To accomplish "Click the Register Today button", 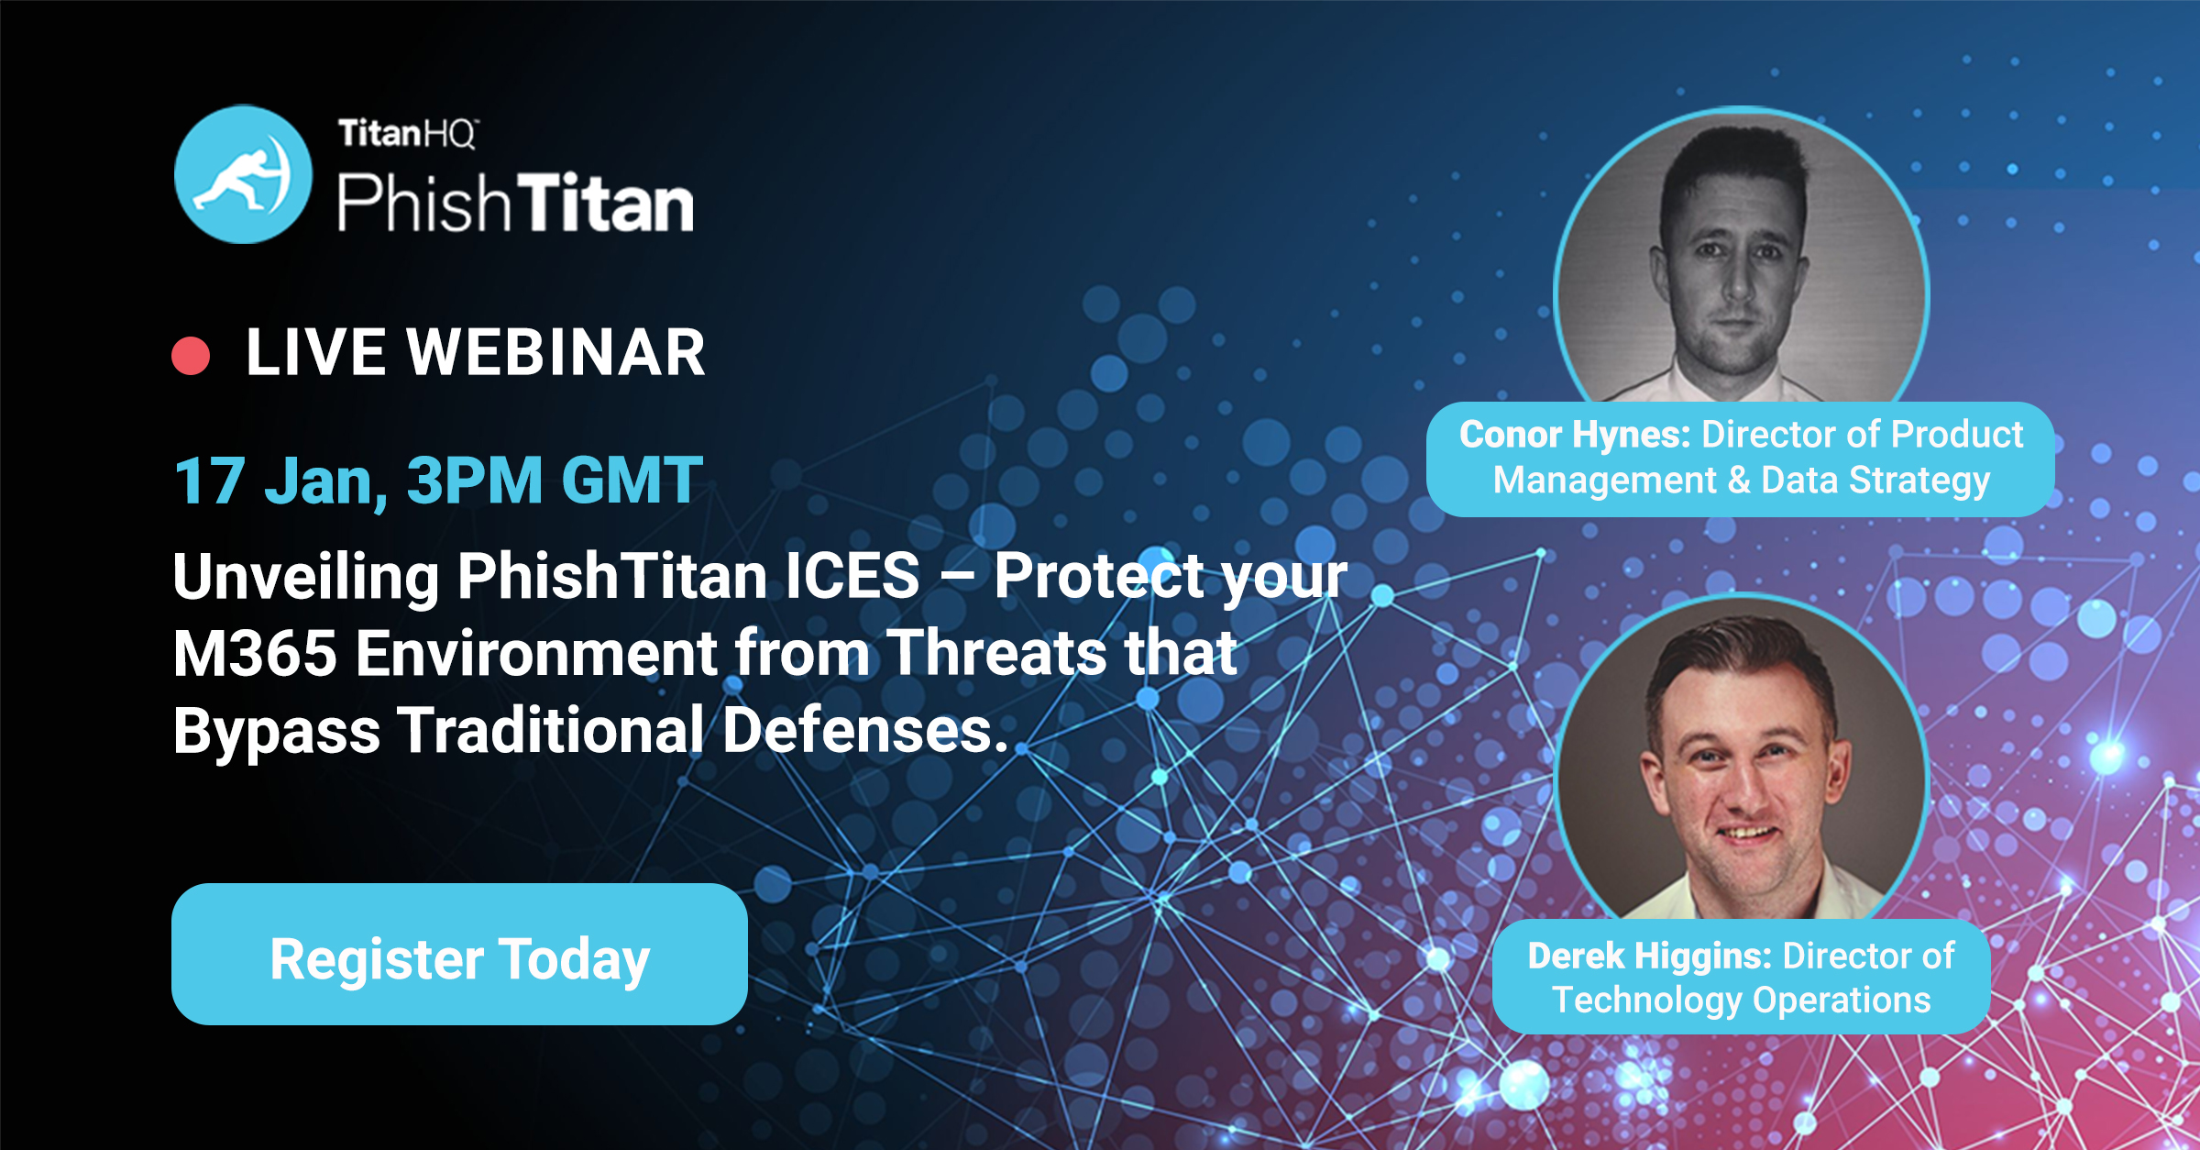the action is coord(459,954).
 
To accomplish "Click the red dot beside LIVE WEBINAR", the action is coord(191,356).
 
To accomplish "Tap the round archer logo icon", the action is coord(243,174).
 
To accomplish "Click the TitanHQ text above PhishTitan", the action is coord(408,134).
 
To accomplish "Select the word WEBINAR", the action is coord(556,353).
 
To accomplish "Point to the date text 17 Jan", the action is coord(280,481).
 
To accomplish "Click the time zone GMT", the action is coord(632,481).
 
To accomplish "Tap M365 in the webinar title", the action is coord(255,653).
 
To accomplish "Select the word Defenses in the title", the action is coord(865,730).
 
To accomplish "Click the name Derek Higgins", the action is coord(1649,956).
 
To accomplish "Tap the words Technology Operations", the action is coord(1742,1001).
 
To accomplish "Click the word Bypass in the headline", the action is coord(277,732).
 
